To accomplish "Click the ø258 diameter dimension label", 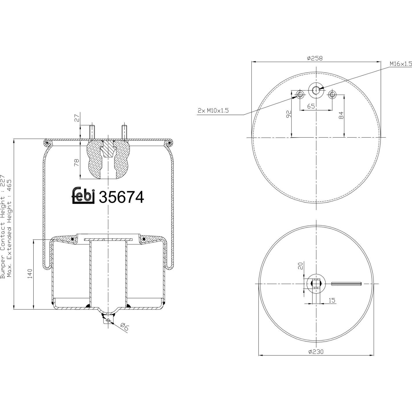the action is point(315,58).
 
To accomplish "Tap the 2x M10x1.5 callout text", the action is point(213,111).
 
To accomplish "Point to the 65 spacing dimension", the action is point(311,106).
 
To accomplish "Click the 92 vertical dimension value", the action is point(289,114).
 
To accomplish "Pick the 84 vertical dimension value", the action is point(341,115).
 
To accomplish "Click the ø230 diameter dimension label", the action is point(316,351).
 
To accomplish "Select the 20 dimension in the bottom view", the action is point(301,266).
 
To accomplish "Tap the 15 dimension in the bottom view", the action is point(332,300).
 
